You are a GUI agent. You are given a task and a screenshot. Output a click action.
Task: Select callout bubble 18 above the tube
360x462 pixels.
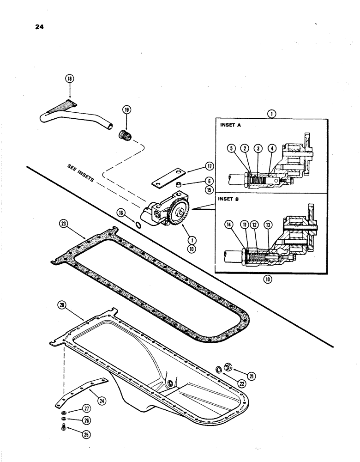[70, 79]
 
